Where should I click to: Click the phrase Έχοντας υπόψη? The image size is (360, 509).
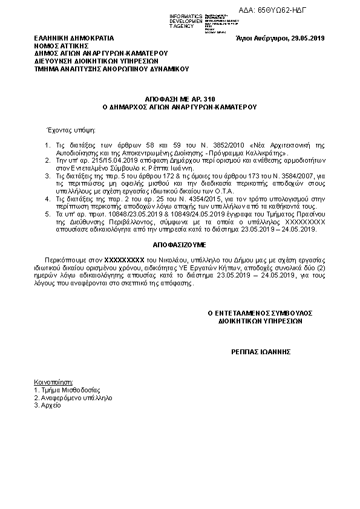pyautogui.click(x=67, y=129)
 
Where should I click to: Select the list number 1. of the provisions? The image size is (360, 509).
pyautogui.click(x=48, y=146)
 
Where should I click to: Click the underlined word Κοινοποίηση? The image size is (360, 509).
pyautogui.click(x=54, y=382)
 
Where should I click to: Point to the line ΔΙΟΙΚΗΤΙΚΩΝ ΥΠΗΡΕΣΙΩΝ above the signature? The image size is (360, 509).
pyautogui.click(x=260, y=322)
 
